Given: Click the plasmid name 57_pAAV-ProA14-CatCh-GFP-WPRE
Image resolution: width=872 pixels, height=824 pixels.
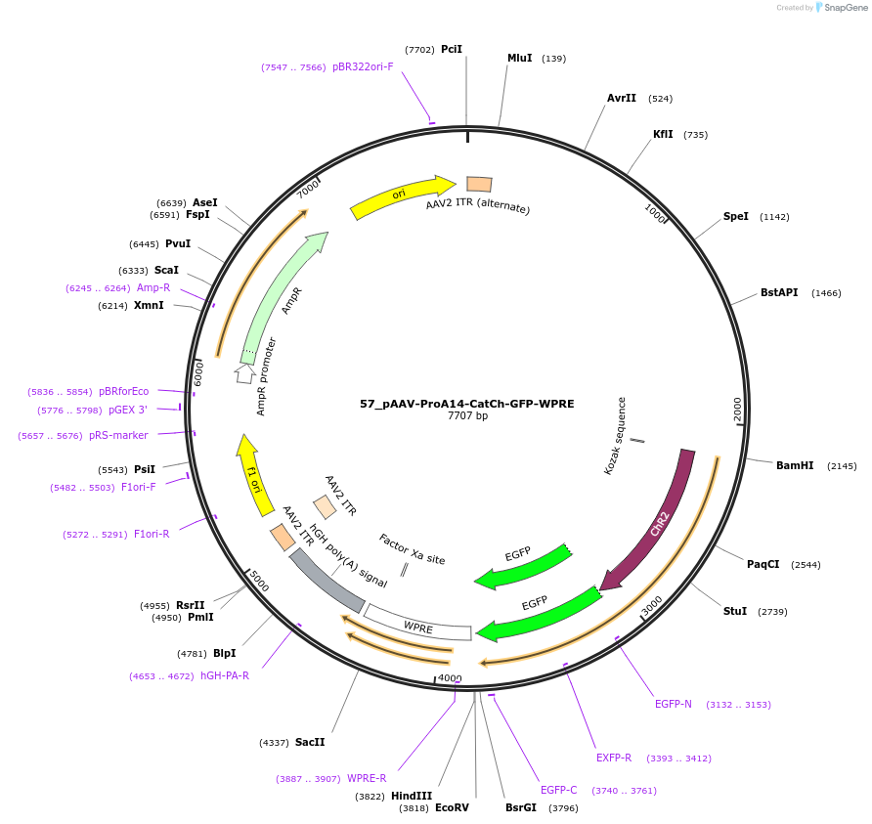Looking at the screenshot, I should [x=466, y=403].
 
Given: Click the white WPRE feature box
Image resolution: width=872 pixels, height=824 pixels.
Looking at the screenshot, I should [x=418, y=626].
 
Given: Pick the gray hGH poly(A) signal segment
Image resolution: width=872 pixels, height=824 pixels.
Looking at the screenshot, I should [x=327, y=579].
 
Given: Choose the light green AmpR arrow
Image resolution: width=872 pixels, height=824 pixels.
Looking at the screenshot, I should [x=283, y=298].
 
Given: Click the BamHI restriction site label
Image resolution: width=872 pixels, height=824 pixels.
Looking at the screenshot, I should [x=794, y=465].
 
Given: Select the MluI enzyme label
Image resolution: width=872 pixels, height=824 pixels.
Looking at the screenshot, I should [x=519, y=59].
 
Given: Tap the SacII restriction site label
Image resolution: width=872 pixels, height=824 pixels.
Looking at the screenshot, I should [x=309, y=743].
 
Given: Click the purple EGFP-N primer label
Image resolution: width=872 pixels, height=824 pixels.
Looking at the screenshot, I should [x=673, y=704].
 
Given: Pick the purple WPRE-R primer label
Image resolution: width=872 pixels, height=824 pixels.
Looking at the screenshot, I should [x=367, y=779].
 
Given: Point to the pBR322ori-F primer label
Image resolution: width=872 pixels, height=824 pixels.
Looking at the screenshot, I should [x=363, y=67].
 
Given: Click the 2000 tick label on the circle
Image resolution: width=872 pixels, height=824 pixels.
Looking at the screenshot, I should [x=738, y=410].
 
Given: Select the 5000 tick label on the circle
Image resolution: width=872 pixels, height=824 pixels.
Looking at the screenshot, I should [x=258, y=582].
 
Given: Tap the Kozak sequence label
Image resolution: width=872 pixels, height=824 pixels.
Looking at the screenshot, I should [x=622, y=434].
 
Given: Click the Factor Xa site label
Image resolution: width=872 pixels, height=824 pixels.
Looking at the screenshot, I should [x=412, y=549].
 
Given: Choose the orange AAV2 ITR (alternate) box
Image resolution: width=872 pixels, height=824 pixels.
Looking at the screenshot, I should [x=479, y=184].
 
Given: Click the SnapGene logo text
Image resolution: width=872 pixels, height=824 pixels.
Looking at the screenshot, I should [x=846, y=8].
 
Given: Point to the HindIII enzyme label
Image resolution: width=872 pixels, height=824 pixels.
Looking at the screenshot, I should [x=411, y=796].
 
